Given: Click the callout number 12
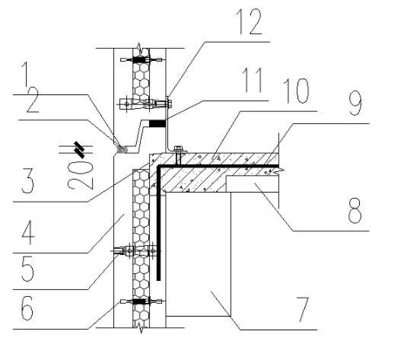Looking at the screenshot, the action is click(x=250, y=22).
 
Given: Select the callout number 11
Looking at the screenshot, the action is click(x=253, y=80).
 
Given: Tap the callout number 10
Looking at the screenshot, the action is click(x=296, y=91).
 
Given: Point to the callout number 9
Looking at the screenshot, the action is click(x=355, y=103).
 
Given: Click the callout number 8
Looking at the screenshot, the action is click(x=355, y=210).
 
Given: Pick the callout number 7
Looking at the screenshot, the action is click(x=302, y=310).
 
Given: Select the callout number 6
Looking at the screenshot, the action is click(x=27, y=308).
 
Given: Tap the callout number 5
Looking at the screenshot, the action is click(x=27, y=269).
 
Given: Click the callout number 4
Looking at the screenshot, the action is click(x=28, y=232).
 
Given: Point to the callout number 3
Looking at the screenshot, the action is click(x=27, y=180).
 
